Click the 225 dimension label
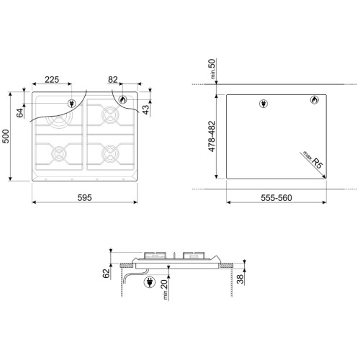pos(52,79)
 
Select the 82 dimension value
pos(113,79)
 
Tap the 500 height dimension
pos(6,136)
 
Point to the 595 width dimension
pos(84,197)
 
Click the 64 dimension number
pos(20,113)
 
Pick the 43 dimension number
pos(145,109)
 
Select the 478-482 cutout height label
pos(212,136)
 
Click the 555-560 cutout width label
pos(276,198)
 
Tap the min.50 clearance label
pos(212,69)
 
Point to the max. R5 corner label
pos(313,160)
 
